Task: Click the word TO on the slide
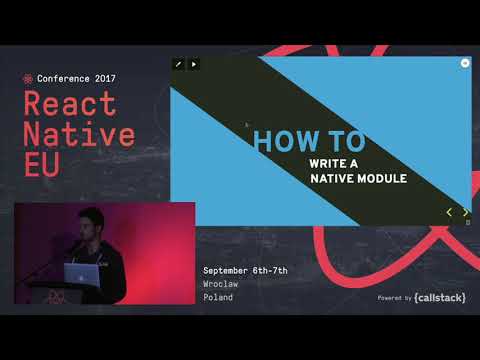click(x=343, y=141)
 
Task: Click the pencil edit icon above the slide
click(x=178, y=64)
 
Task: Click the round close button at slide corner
click(x=465, y=62)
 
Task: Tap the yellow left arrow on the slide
click(x=449, y=212)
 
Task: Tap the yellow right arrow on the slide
click(x=465, y=212)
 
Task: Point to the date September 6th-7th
click(x=245, y=271)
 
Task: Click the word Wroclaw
click(x=220, y=284)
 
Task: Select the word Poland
click(x=218, y=297)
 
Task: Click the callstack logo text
click(x=440, y=297)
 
